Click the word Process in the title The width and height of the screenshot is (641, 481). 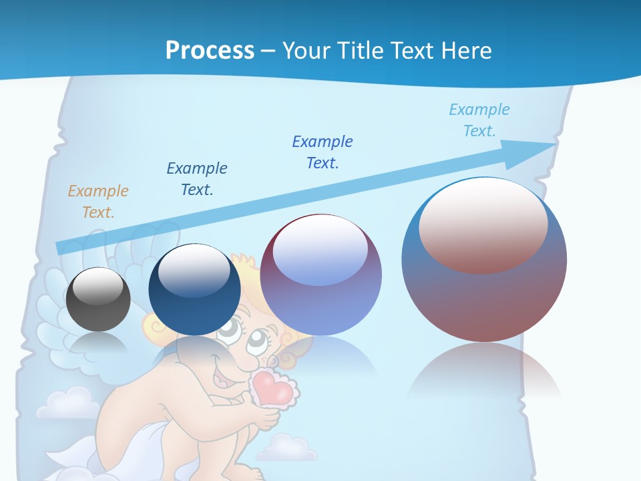[210, 50]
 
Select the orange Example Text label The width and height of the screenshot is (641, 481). [98, 202]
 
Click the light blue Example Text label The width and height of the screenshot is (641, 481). [479, 120]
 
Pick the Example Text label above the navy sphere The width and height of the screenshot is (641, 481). [197, 178]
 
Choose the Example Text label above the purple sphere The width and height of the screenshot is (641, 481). [323, 152]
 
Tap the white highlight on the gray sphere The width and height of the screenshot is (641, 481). [97, 286]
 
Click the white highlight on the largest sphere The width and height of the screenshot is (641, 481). [483, 224]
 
